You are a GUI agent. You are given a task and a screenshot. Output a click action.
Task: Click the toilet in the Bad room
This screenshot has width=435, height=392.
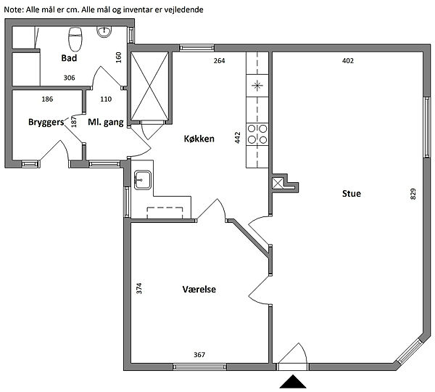75,39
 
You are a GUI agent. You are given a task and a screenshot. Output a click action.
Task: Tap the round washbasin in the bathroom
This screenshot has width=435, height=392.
104,32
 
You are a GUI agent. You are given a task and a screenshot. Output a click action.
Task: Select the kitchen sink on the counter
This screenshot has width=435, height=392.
143,180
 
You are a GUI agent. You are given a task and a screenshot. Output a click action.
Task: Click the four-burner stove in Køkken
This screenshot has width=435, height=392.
257,134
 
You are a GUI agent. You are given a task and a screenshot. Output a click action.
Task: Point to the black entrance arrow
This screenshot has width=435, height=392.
293,381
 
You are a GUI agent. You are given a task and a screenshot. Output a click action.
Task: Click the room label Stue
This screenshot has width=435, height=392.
352,194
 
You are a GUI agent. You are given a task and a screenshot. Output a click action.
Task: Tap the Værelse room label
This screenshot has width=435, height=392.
199,289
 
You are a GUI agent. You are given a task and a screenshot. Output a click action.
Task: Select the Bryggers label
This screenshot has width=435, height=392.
46,122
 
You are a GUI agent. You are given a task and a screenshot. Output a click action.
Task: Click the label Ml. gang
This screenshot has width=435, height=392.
106,122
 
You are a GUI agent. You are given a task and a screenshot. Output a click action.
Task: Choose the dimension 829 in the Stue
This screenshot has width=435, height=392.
413,194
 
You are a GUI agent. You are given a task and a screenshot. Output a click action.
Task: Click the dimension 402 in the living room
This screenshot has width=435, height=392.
348,60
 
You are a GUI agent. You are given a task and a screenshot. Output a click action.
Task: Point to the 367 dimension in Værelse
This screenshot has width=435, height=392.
199,354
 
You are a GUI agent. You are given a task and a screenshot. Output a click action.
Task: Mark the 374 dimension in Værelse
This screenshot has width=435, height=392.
139,288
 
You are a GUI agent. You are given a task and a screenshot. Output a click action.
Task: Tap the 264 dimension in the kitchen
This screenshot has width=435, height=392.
219,60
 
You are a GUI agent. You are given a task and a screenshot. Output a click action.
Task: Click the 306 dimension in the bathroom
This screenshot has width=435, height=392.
69,78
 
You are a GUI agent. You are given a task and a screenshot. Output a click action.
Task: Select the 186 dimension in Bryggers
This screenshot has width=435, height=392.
47,99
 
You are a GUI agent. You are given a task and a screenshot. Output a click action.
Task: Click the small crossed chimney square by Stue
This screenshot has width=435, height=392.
278,184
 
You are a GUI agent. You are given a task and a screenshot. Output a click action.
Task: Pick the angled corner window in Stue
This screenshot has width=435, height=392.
410,351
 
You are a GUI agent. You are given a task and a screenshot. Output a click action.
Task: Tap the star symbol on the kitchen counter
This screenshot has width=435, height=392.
257,85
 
